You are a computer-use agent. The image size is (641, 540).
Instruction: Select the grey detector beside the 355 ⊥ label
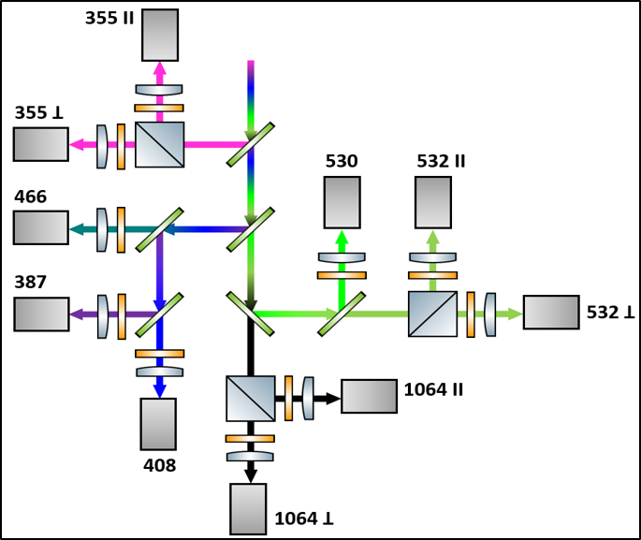[40, 144]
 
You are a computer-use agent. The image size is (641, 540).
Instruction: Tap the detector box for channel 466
[40, 227]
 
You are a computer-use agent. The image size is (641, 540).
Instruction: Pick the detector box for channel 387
[40, 314]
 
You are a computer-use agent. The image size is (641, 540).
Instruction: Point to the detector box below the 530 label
[342, 201]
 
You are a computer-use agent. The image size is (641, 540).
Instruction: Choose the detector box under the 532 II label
[433, 201]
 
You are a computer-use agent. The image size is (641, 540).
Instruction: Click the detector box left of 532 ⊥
[551, 312]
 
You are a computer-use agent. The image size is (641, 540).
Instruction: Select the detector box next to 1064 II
[369, 396]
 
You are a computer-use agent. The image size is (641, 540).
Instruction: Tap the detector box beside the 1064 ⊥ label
[248, 508]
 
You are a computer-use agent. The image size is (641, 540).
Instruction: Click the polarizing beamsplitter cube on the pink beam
[159, 144]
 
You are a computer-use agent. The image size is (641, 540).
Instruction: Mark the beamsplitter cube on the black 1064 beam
[251, 398]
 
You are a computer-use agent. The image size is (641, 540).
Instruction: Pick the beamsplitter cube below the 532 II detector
[433, 314]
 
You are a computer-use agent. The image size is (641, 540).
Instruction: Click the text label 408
[160, 464]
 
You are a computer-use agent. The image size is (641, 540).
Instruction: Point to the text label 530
[342, 162]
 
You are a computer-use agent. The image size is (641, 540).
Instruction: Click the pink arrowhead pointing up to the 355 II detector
[159, 70]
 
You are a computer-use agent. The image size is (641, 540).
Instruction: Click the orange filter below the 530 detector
[342, 275]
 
